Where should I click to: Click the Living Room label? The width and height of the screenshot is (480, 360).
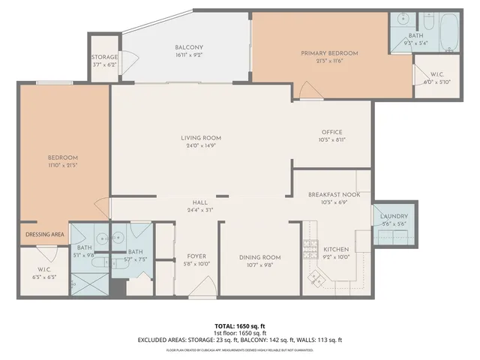point(200,138)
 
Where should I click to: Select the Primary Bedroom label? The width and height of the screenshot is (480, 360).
point(329,53)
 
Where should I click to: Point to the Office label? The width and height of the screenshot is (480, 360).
point(331,131)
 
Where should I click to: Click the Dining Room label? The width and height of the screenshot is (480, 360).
point(259,258)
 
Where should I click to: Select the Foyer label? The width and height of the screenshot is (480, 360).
point(196,256)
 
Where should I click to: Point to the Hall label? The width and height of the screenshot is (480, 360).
point(199,202)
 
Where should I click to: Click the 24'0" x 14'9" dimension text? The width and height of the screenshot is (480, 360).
point(200,146)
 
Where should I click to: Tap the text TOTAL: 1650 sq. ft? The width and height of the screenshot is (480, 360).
point(240,326)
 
